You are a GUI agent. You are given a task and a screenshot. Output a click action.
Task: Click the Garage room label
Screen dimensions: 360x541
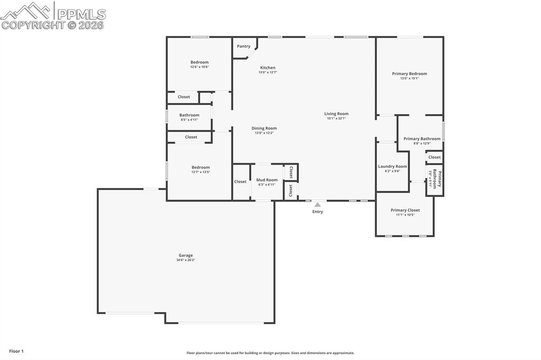point(185,255)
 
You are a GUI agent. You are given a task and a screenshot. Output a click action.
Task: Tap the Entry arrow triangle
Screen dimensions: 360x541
point(318,205)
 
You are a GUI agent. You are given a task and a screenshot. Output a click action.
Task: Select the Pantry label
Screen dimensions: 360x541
point(244,46)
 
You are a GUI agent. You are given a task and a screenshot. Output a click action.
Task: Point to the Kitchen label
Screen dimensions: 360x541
point(268,68)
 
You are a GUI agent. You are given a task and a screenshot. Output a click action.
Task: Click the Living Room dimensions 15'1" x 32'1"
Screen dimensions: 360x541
point(336,118)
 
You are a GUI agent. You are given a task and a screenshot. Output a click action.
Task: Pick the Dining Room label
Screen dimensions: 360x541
point(264,128)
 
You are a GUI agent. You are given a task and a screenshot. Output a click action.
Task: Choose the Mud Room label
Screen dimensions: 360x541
point(267,180)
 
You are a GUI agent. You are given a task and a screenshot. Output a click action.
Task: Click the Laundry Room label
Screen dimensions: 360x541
point(393,166)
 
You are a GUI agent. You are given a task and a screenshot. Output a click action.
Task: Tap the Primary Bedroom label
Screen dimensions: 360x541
point(409,74)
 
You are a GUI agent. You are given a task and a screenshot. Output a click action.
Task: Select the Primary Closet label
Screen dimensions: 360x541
point(405,210)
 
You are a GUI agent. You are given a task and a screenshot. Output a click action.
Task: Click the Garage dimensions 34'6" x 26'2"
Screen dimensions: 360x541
point(185,260)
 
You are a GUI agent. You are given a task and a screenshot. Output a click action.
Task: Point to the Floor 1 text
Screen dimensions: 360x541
point(16,351)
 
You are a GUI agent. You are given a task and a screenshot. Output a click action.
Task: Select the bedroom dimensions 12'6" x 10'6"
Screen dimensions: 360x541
point(200,67)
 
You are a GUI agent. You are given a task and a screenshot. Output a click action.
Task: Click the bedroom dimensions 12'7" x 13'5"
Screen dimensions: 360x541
point(201,172)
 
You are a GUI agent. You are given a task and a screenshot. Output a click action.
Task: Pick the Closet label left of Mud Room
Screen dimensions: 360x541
point(240,182)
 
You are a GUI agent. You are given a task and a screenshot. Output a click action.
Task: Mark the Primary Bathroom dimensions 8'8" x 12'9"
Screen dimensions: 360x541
point(422,144)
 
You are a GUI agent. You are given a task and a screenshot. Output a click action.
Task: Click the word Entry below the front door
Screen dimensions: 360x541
point(318,212)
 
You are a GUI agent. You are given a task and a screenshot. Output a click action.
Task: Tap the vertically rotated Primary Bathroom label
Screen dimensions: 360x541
point(438,179)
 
